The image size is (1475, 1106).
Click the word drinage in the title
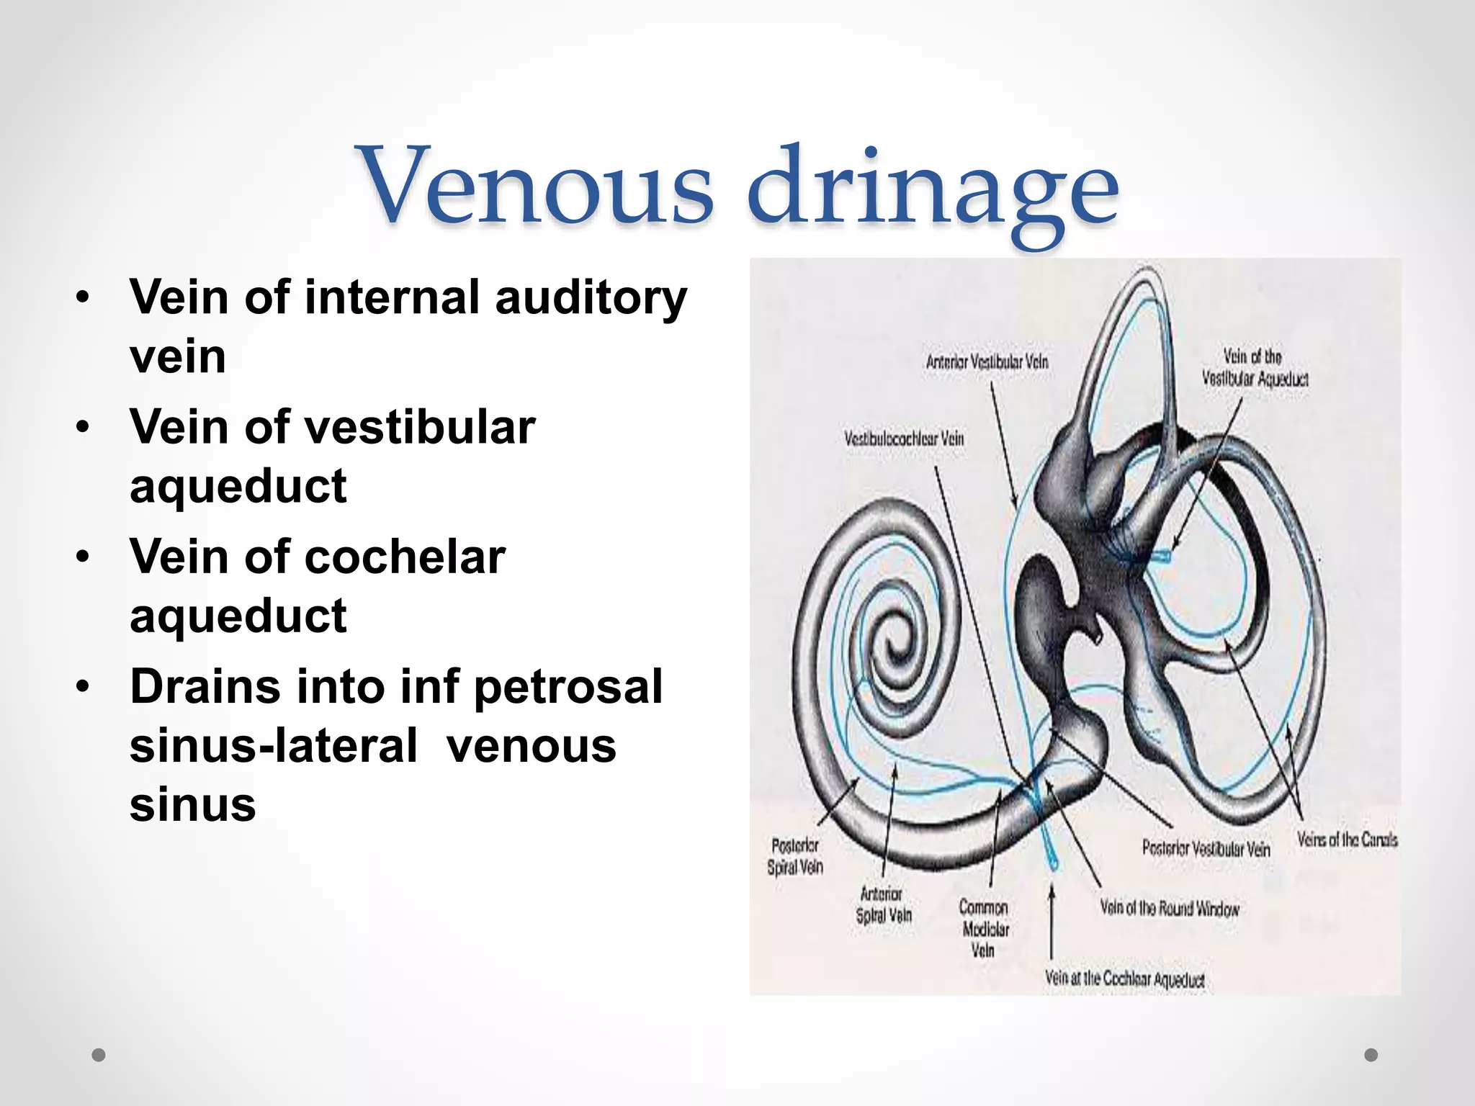pos(933,191)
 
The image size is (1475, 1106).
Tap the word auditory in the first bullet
pos(591,298)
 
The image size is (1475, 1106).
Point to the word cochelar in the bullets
pos(405,557)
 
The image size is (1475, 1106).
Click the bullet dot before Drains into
pos(84,687)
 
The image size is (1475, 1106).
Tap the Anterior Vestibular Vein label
pos(987,361)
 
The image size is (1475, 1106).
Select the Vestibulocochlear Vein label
pos(904,438)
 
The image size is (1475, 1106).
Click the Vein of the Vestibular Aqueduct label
pos(1255,368)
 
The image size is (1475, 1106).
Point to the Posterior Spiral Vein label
pos(795,856)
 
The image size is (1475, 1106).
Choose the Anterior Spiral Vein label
pos(883,904)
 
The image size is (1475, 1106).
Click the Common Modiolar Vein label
pos(984,929)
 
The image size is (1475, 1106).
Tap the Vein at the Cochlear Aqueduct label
pos(1124,978)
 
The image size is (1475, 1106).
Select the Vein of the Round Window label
pos(1170,909)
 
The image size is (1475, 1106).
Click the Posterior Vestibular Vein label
pos(1206,849)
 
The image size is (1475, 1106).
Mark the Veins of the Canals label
pos(1347,839)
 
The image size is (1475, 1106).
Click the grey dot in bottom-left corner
pos(99,1055)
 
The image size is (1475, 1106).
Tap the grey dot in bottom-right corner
pos(1371,1055)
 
